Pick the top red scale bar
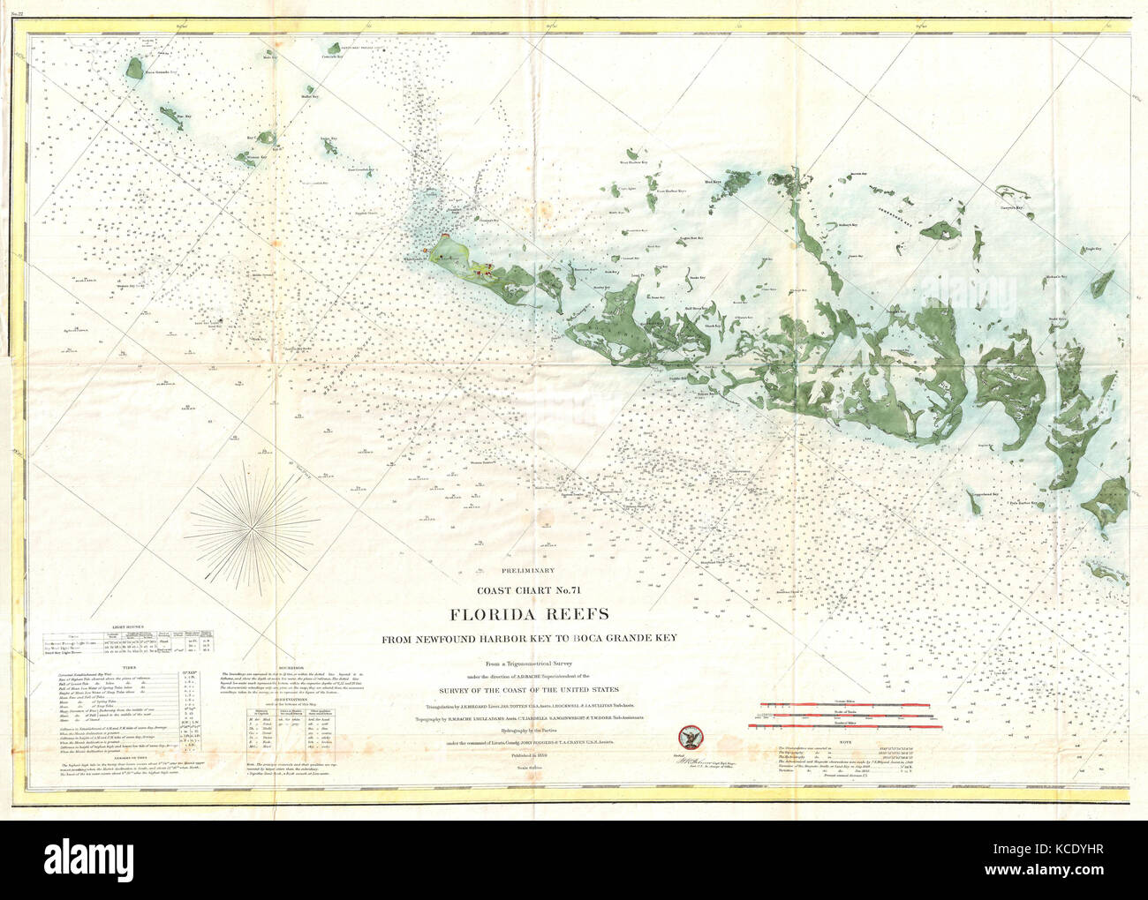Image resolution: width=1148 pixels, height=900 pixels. [x=845, y=703]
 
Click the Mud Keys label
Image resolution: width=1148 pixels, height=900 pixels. [x=713, y=181]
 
